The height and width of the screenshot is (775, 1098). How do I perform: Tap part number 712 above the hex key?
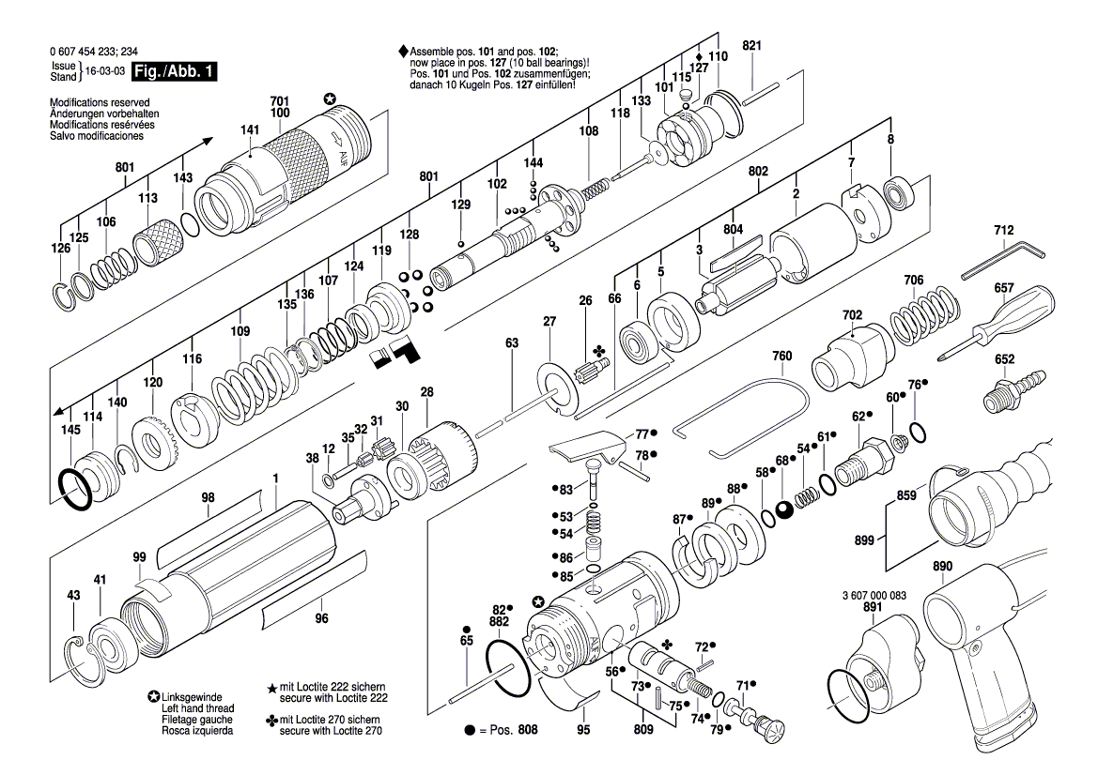click(1003, 231)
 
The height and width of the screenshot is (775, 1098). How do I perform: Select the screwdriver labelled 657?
click(1005, 320)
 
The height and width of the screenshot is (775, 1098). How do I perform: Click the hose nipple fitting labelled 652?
click(1013, 388)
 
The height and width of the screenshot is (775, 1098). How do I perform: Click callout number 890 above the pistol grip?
click(942, 567)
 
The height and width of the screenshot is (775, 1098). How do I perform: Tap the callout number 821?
click(752, 46)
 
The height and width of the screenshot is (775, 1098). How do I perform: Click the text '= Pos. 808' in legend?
click(504, 729)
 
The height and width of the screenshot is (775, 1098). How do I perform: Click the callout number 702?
click(852, 315)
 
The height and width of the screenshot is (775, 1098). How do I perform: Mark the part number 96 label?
click(321, 618)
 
